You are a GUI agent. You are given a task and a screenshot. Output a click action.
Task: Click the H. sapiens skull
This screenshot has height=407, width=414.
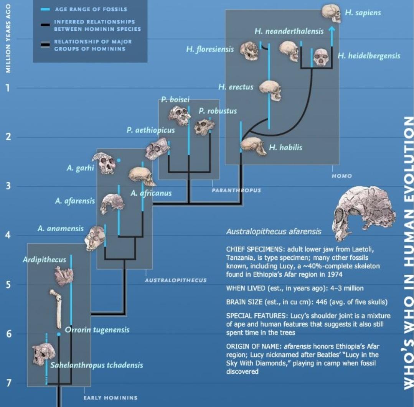(331, 13)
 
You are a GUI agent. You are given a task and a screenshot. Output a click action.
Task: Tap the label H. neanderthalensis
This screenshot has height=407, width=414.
(289, 31)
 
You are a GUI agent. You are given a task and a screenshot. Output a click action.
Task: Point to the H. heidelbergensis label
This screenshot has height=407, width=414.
(369, 56)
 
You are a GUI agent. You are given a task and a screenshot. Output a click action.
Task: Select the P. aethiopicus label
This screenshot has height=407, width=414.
(150, 130)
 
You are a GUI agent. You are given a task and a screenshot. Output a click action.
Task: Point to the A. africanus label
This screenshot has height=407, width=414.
(151, 193)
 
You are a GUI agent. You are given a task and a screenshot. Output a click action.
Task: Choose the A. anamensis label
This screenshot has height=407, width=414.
(61, 229)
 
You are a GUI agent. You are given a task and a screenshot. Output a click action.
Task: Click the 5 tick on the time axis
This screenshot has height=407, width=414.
(7, 285)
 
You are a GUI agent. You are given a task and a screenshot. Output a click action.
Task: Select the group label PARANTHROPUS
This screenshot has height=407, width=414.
(236, 190)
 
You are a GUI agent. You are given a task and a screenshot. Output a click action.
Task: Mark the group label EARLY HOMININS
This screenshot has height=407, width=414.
(110, 397)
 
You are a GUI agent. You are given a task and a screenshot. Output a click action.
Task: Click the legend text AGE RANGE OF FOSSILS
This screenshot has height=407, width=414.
(91, 9)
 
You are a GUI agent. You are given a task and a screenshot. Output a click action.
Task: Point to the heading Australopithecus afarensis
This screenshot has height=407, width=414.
(274, 232)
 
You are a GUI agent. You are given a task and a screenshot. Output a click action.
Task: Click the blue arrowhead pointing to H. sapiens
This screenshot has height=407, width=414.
(332, 30)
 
